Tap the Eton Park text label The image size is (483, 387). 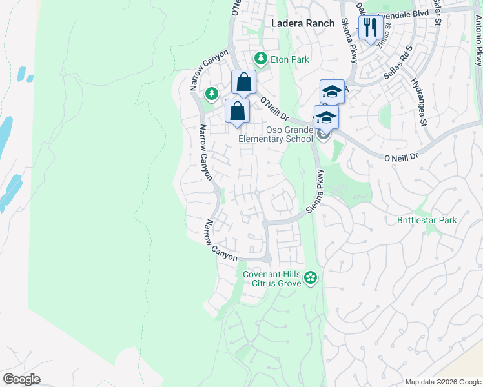[290, 60]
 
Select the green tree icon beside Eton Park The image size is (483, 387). [261, 59]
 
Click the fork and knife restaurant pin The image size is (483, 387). [369, 28]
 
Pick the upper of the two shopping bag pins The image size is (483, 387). [244, 82]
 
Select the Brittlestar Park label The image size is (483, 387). [427, 220]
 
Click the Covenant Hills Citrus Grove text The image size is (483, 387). [272, 279]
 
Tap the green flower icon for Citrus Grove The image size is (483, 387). [311, 278]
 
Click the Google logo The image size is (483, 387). [21, 379]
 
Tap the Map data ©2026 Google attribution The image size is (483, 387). [442, 382]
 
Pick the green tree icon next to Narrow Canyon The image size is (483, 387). [211, 94]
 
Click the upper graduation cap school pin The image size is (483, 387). [332, 91]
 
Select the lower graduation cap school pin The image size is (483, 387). [326, 117]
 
